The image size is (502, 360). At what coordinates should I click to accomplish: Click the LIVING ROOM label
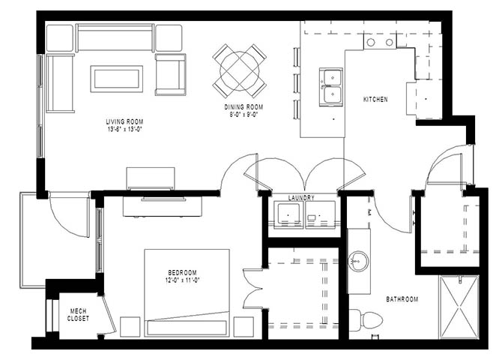click(x=124, y=121)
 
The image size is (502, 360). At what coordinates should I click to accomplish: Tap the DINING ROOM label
click(x=244, y=107)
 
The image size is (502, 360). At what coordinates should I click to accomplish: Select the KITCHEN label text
click(x=375, y=100)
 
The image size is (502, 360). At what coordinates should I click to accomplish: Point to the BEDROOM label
click(x=183, y=273)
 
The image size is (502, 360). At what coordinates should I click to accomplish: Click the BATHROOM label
click(x=402, y=299)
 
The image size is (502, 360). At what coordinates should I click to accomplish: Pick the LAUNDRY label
click(x=301, y=198)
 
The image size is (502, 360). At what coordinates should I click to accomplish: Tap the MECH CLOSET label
click(x=78, y=315)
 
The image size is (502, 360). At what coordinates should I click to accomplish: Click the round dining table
click(x=240, y=71)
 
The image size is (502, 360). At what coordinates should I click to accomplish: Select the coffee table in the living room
click(x=117, y=79)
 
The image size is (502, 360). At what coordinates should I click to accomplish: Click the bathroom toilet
click(x=367, y=320)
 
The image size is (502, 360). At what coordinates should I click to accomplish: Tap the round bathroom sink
click(x=359, y=262)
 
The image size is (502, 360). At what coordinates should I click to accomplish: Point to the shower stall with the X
click(x=459, y=307)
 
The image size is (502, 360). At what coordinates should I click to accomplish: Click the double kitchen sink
click(x=331, y=87)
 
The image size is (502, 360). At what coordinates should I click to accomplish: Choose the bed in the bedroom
click(x=187, y=292)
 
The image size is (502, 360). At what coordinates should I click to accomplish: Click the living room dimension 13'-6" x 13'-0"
click(x=124, y=130)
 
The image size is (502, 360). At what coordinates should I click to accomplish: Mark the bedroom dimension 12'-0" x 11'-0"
click(x=183, y=280)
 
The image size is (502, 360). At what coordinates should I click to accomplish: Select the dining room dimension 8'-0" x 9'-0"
click(x=241, y=114)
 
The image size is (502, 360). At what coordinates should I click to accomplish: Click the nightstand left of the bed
click(x=130, y=327)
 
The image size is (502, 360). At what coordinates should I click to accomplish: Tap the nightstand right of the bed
click(x=244, y=327)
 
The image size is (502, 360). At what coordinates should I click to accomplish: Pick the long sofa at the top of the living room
click(x=115, y=37)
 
